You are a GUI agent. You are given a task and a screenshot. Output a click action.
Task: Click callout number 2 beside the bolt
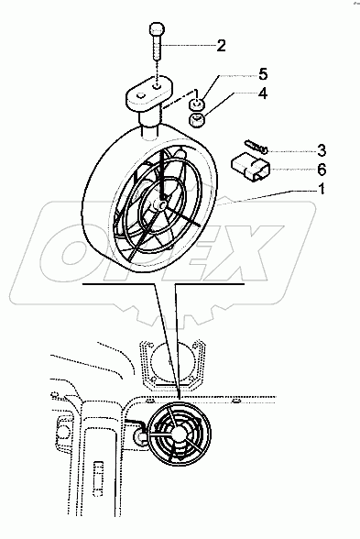221,46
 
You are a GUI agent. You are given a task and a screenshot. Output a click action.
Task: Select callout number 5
263,74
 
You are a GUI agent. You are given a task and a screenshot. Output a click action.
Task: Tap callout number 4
262,93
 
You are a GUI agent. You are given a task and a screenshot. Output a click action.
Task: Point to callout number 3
322,150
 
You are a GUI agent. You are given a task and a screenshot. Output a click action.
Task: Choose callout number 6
322,169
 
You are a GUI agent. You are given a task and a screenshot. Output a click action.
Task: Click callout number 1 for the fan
322,189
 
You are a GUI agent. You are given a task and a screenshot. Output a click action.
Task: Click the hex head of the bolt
157,28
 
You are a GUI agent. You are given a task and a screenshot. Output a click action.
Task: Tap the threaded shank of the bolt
157,48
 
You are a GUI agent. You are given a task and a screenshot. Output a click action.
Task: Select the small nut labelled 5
197,103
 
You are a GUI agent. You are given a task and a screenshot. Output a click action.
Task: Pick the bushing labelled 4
196,119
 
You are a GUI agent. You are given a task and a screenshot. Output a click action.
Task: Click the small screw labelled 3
256,146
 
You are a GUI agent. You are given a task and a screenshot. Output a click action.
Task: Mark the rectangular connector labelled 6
251,167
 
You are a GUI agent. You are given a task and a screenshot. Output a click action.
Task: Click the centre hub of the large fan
161,205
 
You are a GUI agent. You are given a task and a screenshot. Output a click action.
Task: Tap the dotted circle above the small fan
170,363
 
